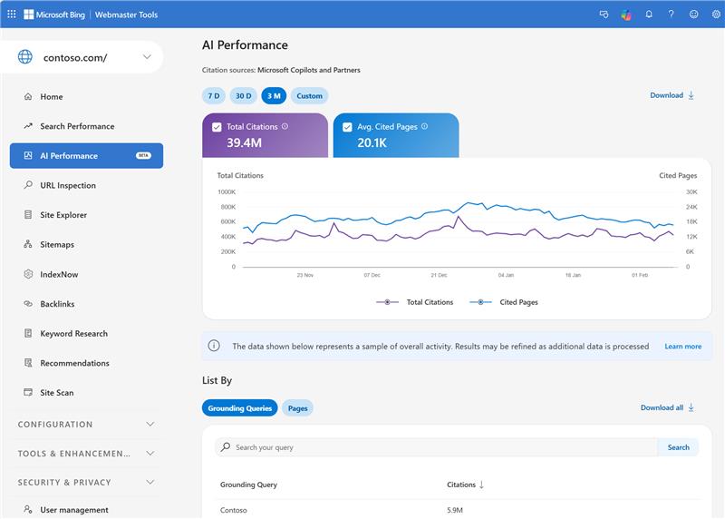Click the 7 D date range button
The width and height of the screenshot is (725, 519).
(x=214, y=95)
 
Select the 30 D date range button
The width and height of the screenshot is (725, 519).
(x=243, y=95)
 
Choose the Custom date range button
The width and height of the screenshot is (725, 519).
(x=309, y=95)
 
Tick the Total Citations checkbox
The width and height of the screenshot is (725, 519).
(x=217, y=127)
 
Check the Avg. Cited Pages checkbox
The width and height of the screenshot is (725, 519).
(x=347, y=127)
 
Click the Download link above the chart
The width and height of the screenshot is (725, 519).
(x=672, y=95)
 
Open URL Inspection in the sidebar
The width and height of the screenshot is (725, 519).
(x=68, y=185)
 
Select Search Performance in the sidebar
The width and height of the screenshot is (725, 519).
(x=77, y=126)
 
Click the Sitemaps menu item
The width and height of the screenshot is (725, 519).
(x=57, y=245)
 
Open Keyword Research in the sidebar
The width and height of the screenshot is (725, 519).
(x=73, y=334)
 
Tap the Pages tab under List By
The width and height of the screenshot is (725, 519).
(x=297, y=408)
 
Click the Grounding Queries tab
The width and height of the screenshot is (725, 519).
(x=240, y=408)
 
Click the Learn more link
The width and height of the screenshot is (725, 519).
(x=682, y=347)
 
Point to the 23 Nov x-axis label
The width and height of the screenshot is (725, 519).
(x=304, y=274)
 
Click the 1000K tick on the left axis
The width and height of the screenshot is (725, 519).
(x=226, y=191)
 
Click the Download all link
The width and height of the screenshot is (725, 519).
(x=666, y=408)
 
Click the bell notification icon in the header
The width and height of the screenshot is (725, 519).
(x=649, y=15)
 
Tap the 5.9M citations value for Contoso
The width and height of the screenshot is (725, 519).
(x=457, y=511)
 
